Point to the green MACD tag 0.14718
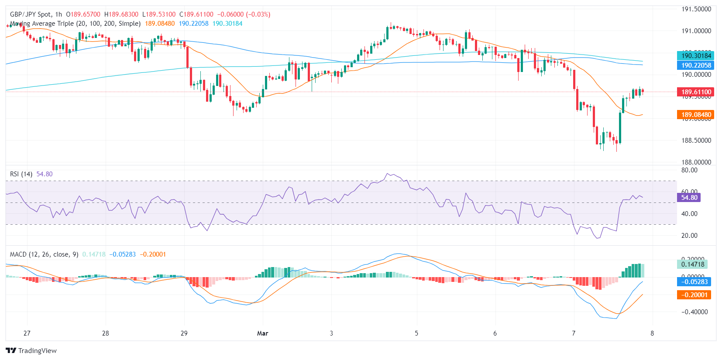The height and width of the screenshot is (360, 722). pyautogui.click(x=693, y=264)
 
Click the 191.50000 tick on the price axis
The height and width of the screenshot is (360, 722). pyautogui.click(x=696, y=9)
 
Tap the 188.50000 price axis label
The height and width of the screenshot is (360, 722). pyautogui.click(x=696, y=141)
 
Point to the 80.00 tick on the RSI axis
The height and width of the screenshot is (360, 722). pyautogui.click(x=689, y=170)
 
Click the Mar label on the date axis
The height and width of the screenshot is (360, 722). pyautogui.click(x=262, y=333)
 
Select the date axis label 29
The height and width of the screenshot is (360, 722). pyautogui.click(x=184, y=333)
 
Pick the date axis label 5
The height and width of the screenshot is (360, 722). pyautogui.click(x=416, y=333)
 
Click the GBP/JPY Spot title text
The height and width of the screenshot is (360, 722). pyautogui.click(x=30, y=14)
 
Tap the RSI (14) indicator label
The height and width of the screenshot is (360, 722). pyautogui.click(x=21, y=174)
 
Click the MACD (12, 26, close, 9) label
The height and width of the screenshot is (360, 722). pyautogui.click(x=44, y=254)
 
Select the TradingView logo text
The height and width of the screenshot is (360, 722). pyautogui.click(x=37, y=351)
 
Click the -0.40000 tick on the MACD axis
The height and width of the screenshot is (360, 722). pyautogui.click(x=694, y=312)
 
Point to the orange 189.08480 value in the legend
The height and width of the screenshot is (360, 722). pyautogui.click(x=160, y=24)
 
